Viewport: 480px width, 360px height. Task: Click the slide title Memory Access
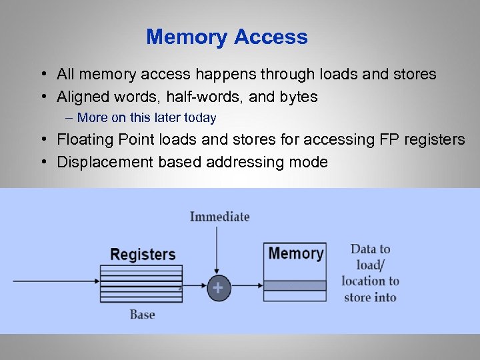pos(227,37)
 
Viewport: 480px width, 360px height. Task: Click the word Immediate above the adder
pos(219,217)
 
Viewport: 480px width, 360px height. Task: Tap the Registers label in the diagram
pos(143,254)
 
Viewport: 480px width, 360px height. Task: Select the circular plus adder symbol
pos(217,289)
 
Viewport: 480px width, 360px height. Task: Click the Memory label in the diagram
pos(295,253)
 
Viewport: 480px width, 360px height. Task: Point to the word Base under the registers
pos(142,315)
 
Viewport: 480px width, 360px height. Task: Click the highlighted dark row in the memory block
pos(295,285)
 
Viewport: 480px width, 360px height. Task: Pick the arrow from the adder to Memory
pos(247,285)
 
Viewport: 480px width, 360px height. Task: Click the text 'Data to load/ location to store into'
pos(370,273)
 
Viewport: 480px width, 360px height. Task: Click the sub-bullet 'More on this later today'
pos(147,118)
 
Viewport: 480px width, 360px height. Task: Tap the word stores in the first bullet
pos(414,74)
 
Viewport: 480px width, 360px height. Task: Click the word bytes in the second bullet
pos(298,97)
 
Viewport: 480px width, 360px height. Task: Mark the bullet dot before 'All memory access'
pos(42,74)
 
